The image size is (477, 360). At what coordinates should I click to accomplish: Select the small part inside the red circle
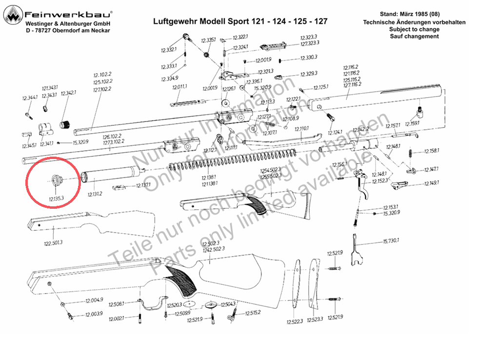pyautogui.click(x=56, y=180)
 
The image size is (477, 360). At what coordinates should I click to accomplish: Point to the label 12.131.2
pyautogui.click(x=95, y=194)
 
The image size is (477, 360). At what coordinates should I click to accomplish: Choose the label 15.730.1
pyautogui.click(x=391, y=241)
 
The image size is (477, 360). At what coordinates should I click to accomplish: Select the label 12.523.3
pyautogui.click(x=316, y=320)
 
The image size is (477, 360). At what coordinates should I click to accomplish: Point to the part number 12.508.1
pyautogui.click(x=116, y=303)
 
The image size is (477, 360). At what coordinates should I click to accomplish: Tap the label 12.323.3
pyautogui.click(x=309, y=37)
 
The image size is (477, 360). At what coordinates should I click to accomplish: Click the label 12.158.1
pyautogui.click(x=431, y=151)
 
